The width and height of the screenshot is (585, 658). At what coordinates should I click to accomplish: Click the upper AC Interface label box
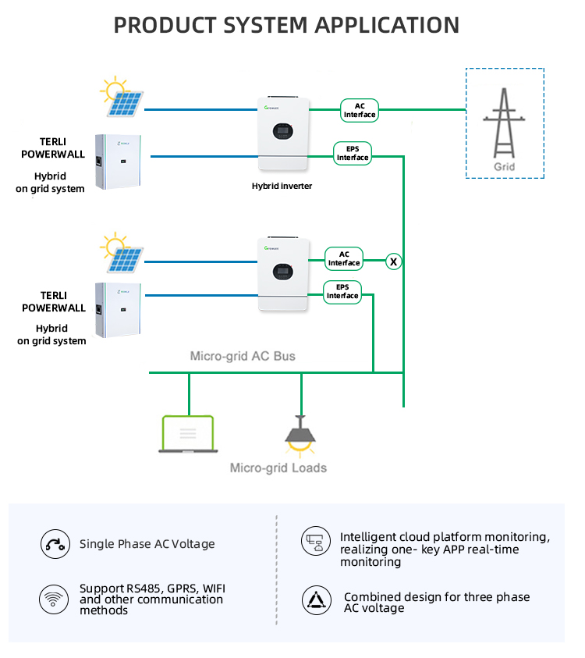click(x=359, y=110)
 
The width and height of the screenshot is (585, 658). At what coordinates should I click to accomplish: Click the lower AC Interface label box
click(x=344, y=258)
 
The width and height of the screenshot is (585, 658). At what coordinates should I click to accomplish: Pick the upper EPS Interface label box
click(x=352, y=153)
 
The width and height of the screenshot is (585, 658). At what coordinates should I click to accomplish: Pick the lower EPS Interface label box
click(x=342, y=291)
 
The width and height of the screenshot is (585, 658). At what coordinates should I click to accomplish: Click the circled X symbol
click(x=394, y=261)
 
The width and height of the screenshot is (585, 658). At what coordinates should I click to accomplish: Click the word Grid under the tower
click(x=505, y=167)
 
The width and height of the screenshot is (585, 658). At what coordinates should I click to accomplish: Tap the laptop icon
click(x=187, y=434)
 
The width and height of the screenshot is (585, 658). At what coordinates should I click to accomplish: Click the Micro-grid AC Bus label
click(x=243, y=356)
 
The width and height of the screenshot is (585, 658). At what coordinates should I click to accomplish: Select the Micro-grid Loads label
click(x=278, y=468)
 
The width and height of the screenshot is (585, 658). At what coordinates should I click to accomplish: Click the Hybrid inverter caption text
click(x=282, y=186)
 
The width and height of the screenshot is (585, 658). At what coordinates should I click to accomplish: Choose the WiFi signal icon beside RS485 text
click(x=54, y=599)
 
